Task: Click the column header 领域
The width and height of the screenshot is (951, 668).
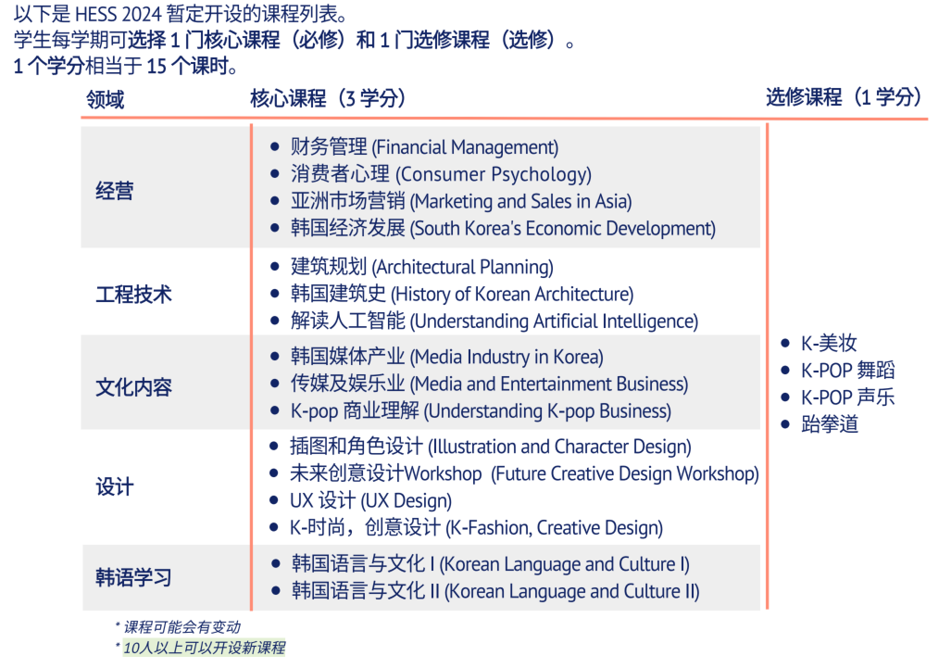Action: (x=105, y=99)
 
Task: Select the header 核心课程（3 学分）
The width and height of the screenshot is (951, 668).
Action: (x=328, y=97)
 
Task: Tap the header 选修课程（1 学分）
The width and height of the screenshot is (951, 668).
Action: (x=844, y=96)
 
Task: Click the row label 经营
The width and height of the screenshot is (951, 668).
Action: (x=114, y=191)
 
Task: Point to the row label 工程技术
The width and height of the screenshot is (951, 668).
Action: (x=133, y=295)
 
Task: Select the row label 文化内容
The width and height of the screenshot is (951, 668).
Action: (x=133, y=387)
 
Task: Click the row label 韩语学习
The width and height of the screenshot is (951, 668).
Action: (x=133, y=577)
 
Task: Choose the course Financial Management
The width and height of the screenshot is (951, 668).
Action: (x=424, y=146)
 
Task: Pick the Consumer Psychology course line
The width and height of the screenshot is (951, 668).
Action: (x=441, y=174)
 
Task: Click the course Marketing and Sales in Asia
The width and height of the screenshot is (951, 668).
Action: (x=461, y=201)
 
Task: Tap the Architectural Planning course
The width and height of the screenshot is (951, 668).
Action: (x=421, y=266)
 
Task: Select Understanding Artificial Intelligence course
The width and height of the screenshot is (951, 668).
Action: (x=494, y=321)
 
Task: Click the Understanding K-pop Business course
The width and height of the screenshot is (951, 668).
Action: (x=481, y=410)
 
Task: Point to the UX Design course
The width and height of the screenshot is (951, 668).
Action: (x=370, y=500)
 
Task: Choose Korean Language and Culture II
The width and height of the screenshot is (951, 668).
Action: (x=494, y=590)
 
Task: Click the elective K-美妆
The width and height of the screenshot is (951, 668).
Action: (x=829, y=343)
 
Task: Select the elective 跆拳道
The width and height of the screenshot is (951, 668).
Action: (x=829, y=424)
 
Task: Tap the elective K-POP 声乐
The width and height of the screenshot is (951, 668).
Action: (x=847, y=397)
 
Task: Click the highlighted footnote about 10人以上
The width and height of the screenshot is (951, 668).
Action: (x=204, y=648)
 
